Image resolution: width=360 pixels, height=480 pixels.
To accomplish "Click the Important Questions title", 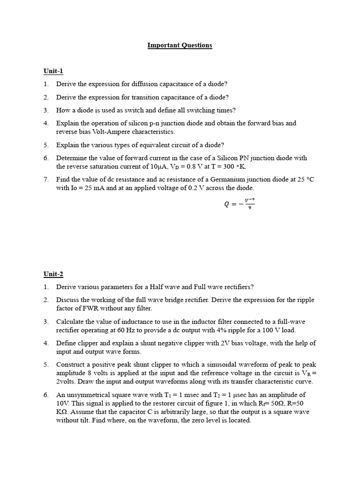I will click(x=180, y=45).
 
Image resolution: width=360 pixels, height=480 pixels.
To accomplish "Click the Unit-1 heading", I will click(x=53, y=71).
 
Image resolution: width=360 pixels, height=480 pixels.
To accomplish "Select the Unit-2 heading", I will click(x=53, y=274).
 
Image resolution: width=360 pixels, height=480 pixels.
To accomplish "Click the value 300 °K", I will click(x=235, y=166).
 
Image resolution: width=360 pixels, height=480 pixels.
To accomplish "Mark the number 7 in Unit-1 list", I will click(x=46, y=179).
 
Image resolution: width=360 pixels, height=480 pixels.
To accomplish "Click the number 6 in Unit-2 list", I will click(x=46, y=395).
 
